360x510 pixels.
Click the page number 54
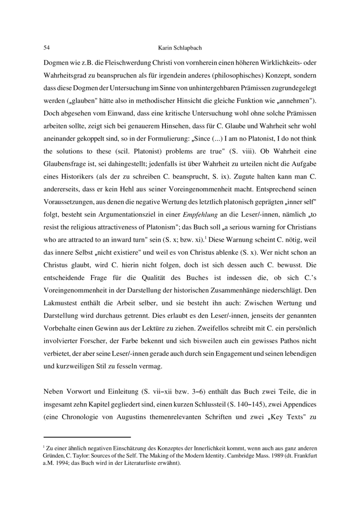[46, 47]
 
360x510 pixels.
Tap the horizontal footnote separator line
[87, 436]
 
